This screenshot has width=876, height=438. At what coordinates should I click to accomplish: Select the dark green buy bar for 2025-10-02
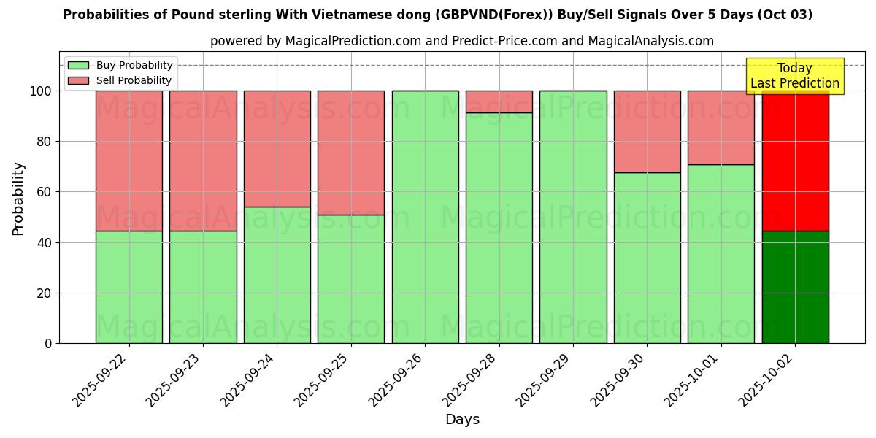point(795,287)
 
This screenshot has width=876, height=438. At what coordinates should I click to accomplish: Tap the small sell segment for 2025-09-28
point(499,101)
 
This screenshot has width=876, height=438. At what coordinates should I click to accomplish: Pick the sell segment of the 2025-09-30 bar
point(647,131)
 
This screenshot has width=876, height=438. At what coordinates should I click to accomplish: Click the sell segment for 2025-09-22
point(129,161)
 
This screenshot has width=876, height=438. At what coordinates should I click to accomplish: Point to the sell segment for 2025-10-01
point(721,128)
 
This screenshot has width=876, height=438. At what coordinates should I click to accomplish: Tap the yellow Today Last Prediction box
point(794,76)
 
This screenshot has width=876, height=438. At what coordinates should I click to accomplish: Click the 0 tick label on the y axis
point(48,343)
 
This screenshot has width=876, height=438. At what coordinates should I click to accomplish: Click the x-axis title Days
point(462,420)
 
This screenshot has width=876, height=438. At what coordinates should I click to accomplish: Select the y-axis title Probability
point(18,199)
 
